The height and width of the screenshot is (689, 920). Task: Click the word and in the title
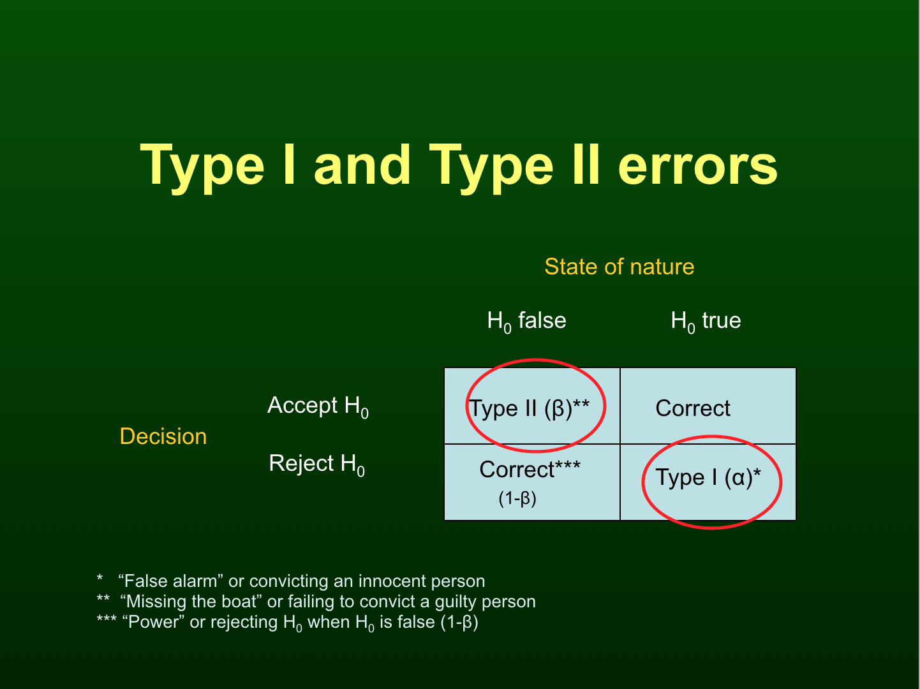[x=362, y=165]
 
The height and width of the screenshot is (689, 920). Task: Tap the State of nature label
[x=619, y=267]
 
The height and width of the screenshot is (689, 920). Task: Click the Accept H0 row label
[x=318, y=406]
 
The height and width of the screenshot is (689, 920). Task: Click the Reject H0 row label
[x=316, y=464]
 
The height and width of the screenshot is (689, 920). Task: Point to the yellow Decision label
[x=163, y=436]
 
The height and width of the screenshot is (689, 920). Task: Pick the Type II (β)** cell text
[x=529, y=408]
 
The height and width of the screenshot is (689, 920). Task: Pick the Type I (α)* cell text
[x=708, y=477]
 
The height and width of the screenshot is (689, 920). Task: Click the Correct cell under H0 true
[x=692, y=408]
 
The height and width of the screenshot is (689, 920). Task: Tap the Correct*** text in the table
[x=530, y=470]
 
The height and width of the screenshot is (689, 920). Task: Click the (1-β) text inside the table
[x=517, y=499]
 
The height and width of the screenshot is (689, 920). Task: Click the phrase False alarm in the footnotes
[x=170, y=581]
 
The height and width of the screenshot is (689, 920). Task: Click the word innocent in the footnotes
[x=392, y=581]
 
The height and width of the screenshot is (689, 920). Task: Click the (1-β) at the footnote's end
[x=459, y=623]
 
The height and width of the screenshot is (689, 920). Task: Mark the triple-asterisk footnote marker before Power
[x=107, y=619]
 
